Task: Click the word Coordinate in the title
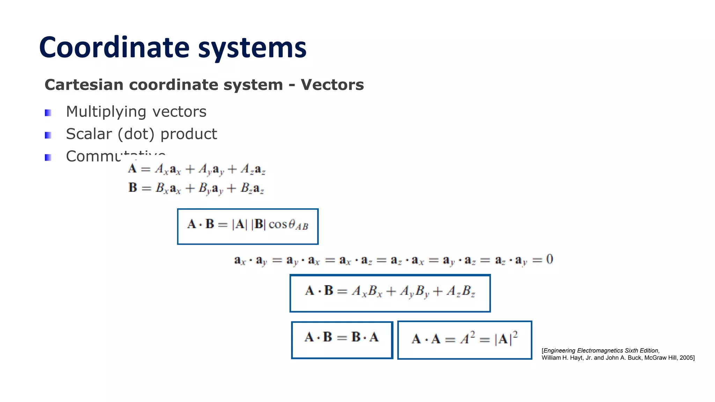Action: (x=115, y=48)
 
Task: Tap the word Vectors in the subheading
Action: (x=332, y=85)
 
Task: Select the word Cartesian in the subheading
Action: (x=84, y=85)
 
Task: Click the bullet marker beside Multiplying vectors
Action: (x=48, y=113)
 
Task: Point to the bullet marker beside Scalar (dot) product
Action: (x=48, y=135)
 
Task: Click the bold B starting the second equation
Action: (x=133, y=187)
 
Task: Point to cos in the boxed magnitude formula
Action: (x=278, y=224)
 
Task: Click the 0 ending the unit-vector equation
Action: (x=550, y=259)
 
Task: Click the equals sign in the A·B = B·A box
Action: (x=342, y=337)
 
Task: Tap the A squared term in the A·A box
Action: (x=467, y=338)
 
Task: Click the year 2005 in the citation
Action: (x=686, y=358)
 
